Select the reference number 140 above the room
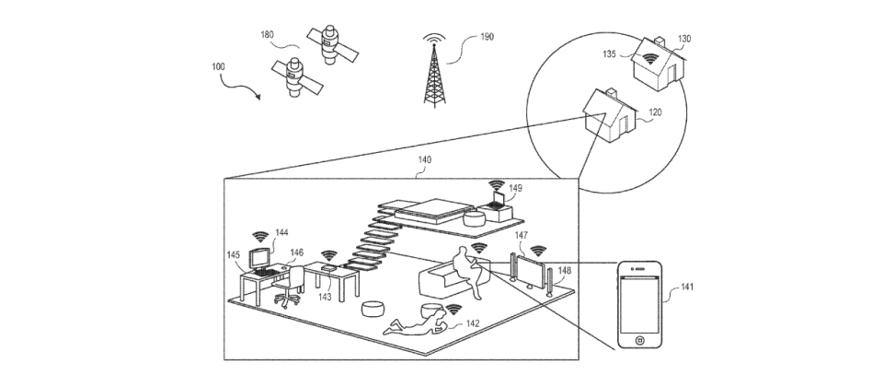tap(424, 159)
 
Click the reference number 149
tap(516, 188)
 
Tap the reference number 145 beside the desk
tap(234, 252)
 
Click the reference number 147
tap(522, 238)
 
